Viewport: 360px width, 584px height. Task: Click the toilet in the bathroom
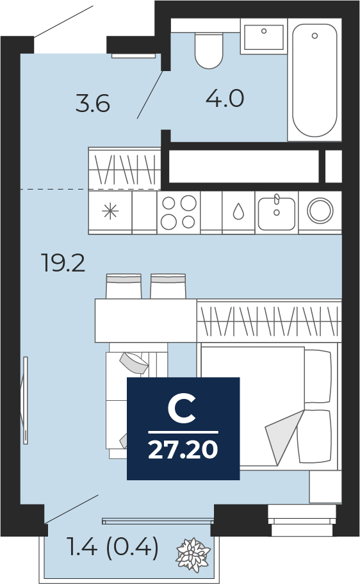pyautogui.click(x=209, y=51)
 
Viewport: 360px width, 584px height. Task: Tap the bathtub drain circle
pyautogui.click(x=315, y=36)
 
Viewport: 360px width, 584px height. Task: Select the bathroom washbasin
pyautogui.click(x=264, y=37)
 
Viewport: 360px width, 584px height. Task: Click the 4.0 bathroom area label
pyautogui.click(x=225, y=99)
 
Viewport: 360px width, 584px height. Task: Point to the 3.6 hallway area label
pyautogui.click(x=93, y=104)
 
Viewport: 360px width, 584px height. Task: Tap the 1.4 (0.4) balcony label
pyautogui.click(x=113, y=547)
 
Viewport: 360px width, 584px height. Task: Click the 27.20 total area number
pyautogui.click(x=183, y=449)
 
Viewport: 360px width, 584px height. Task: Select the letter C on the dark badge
pyautogui.click(x=182, y=409)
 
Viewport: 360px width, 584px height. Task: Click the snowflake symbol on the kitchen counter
pyautogui.click(x=110, y=211)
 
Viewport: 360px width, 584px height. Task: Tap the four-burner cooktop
pyautogui.click(x=179, y=212)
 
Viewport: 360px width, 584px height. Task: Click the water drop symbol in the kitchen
pyautogui.click(x=238, y=212)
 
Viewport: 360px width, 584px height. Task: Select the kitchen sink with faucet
pyautogui.click(x=277, y=213)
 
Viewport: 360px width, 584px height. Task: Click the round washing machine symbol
pyautogui.click(x=320, y=211)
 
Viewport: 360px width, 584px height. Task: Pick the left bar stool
pyautogui.click(x=124, y=286)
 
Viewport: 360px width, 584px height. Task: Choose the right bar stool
pyautogui.click(x=168, y=286)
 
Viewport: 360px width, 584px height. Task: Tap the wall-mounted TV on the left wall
pyautogui.click(x=26, y=400)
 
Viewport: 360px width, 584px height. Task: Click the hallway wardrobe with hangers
pyautogui.click(x=125, y=168)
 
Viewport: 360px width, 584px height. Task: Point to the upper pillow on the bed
pyautogui.click(x=318, y=376)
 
